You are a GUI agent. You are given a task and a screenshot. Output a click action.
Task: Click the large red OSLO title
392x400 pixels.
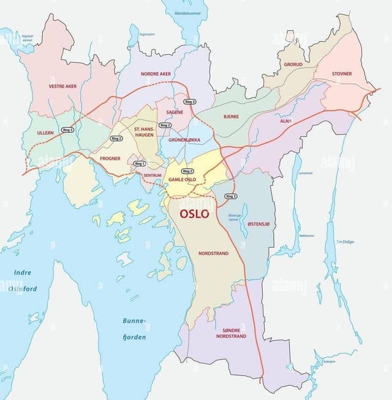194,214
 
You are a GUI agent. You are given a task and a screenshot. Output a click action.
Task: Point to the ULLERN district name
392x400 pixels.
45,132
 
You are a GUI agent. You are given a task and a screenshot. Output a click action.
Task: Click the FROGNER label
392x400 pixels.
110,158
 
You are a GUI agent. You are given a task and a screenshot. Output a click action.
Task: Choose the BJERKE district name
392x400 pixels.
231,116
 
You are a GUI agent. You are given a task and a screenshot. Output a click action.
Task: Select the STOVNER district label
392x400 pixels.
342,74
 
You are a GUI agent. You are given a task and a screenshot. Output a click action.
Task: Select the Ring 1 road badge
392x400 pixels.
140,163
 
